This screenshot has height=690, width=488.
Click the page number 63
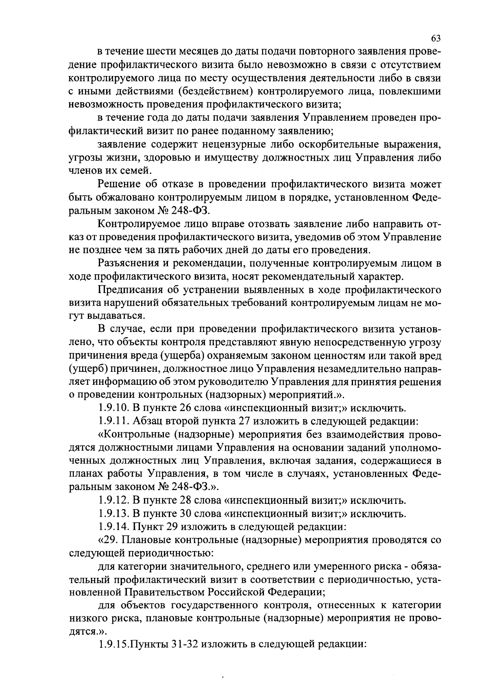(x=436, y=38)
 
